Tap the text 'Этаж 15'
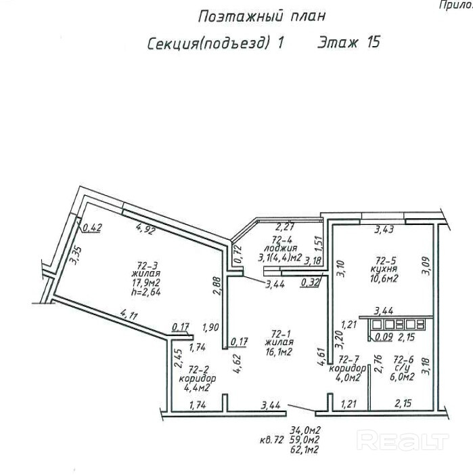[x=348, y=43]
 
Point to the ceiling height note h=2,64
[x=143, y=293]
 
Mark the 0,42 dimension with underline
[x=91, y=228]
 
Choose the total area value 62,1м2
[x=305, y=449]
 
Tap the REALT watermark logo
[x=402, y=442]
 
